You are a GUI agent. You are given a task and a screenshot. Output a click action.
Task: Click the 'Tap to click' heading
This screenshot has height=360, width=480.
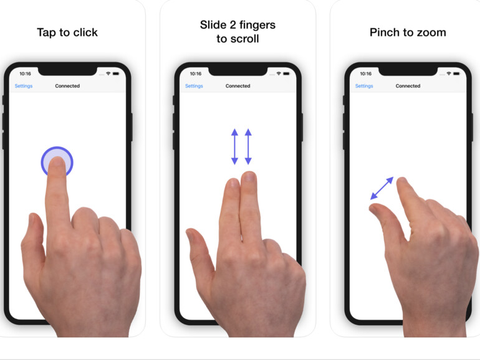point(67,32)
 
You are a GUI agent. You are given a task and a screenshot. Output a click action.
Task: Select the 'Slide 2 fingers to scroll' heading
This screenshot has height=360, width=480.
point(238,32)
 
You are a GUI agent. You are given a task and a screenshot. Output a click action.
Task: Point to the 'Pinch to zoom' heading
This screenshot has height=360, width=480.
point(408,32)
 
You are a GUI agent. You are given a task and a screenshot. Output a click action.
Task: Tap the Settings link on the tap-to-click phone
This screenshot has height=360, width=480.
point(24,86)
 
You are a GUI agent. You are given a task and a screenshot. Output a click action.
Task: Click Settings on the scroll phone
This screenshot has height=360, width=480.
point(194,86)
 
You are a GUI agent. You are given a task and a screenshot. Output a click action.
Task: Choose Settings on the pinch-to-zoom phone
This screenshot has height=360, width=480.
point(364,86)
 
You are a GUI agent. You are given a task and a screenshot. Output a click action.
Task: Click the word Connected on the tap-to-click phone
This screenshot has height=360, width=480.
point(67,86)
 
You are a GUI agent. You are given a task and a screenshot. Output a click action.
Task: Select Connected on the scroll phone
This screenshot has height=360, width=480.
point(238,86)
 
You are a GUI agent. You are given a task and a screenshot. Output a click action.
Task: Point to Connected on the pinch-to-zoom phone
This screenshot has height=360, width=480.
point(408,86)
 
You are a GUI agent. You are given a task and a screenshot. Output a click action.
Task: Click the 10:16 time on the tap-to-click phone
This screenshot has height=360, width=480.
point(25,73)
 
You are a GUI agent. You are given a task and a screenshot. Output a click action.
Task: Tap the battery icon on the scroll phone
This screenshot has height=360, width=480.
point(286,73)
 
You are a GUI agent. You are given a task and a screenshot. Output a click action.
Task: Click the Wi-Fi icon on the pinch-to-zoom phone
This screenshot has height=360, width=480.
point(449,73)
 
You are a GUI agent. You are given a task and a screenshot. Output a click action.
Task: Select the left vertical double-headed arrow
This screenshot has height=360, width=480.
point(235,146)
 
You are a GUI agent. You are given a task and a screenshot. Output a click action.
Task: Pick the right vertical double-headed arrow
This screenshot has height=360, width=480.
point(248,146)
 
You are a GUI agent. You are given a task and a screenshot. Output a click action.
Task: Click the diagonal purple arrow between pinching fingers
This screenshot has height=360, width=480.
point(382,188)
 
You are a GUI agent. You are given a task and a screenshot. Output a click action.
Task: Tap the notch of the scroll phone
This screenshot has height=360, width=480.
point(238,71)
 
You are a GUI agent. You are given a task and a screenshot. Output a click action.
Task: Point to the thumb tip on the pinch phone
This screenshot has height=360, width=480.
point(374,209)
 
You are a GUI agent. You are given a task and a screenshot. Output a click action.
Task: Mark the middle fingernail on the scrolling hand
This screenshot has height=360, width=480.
point(249,176)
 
